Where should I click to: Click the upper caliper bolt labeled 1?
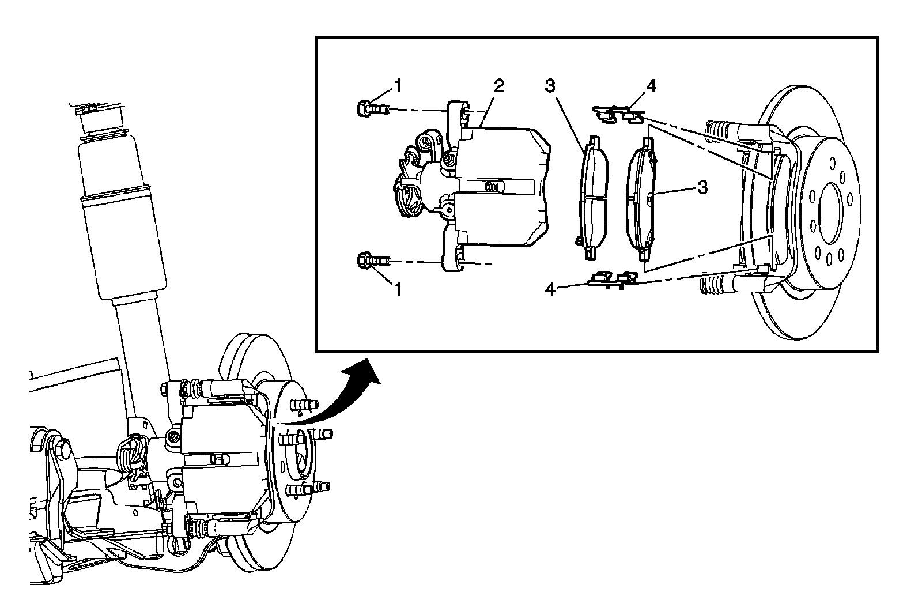click(x=370, y=108)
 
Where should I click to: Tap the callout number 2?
click(x=498, y=86)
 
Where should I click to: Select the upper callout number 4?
click(x=651, y=86)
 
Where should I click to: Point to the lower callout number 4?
click(x=550, y=289)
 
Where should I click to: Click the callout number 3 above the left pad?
click(x=550, y=86)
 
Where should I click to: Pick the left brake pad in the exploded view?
click(x=593, y=196)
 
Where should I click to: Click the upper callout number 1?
click(x=396, y=86)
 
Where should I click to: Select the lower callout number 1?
click(x=396, y=289)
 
